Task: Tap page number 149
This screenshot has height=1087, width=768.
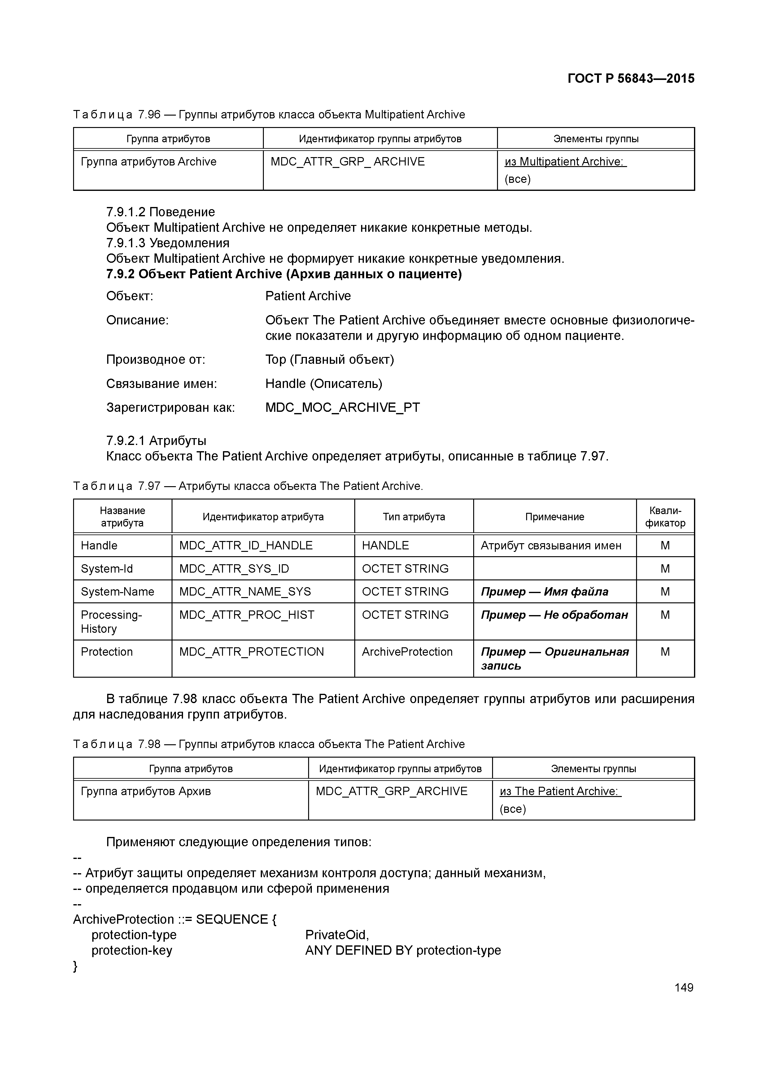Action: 683,987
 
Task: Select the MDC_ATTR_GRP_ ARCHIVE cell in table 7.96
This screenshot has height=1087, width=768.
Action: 347,162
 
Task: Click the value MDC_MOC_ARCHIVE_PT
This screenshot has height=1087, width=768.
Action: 342,408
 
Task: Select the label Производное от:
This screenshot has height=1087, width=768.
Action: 155,360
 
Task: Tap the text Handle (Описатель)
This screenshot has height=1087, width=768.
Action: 323,384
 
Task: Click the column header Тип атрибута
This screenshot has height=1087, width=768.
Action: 414,517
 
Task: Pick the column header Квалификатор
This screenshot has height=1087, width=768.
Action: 665,517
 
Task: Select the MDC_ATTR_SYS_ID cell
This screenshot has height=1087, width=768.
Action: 234,569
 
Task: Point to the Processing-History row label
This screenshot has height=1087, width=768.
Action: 111,622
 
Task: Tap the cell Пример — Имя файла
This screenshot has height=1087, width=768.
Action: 544,592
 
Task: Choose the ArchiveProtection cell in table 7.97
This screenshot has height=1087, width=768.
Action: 407,652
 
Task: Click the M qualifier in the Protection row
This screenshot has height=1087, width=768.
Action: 665,652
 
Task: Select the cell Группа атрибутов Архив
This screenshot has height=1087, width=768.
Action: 146,792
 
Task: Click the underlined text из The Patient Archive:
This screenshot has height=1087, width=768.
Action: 560,792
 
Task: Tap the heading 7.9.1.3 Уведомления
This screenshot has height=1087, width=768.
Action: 168,243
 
